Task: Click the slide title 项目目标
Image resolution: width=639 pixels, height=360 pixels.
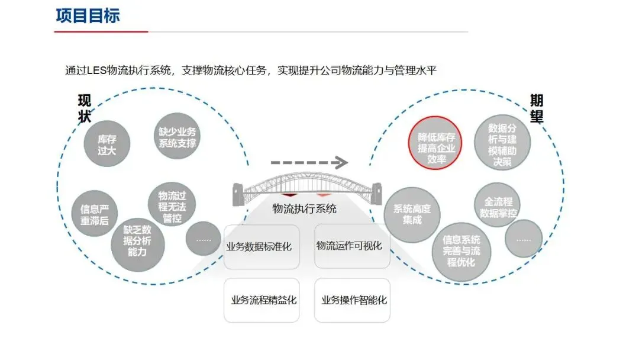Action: coord(88,15)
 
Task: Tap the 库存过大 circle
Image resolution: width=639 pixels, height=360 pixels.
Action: coord(107,144)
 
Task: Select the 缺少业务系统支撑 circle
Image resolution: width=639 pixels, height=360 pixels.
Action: coord(177,137)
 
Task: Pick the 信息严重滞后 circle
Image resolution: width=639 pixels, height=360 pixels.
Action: coord(94,214)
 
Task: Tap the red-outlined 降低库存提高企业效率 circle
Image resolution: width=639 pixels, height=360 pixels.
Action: coord(437,143)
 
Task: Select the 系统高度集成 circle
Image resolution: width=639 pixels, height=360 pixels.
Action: coord(412,214)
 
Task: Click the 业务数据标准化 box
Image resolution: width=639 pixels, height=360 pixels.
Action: coord(262,246)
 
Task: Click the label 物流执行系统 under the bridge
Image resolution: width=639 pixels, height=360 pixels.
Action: coord(305,208)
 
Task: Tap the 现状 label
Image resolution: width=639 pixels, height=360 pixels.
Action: coord(85,109)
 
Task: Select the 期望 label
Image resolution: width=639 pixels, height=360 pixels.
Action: coord(536,109)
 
